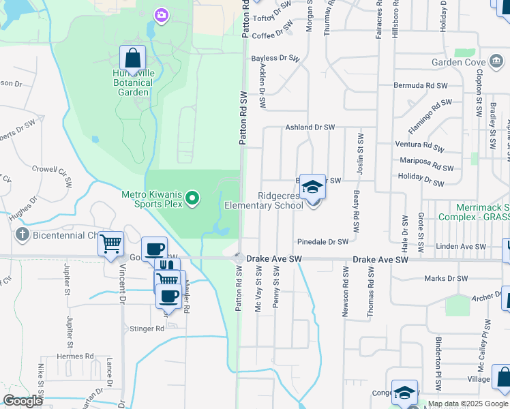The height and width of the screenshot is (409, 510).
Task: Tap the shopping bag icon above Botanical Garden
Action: coord(132,59)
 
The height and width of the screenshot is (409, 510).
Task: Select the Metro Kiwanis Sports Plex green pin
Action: coord(193,199)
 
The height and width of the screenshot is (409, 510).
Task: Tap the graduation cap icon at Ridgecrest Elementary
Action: coord(312,187)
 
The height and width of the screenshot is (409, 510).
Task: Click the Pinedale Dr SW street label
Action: coord(322,241)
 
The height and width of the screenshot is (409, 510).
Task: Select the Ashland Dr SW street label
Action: coord(310,127)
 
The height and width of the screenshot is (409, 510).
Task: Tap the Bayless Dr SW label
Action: coord(276,59)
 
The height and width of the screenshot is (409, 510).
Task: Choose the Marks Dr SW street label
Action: coord(446,278)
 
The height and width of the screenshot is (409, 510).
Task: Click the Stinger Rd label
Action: coord(147,329)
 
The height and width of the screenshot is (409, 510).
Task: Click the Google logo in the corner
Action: coord(22,401)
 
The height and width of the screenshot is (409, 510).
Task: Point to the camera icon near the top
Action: coord(161,14)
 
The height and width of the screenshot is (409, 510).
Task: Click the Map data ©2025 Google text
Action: coord(468,404)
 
